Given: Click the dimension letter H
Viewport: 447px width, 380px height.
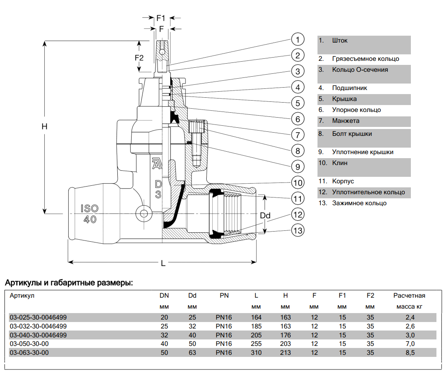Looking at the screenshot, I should point(45,127).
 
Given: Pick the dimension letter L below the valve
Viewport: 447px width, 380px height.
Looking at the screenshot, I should point(163,263).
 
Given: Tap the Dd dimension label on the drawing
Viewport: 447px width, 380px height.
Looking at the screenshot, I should point(265,215).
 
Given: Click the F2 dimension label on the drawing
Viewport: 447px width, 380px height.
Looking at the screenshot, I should point(139,58).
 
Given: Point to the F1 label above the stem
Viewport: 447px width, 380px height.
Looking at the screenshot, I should point(161,18).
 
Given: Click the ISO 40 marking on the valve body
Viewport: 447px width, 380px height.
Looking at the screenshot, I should point(90,214).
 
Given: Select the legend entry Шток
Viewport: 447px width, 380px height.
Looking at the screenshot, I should point(339,41).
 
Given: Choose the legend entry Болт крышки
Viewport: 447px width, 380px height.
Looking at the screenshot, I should point(352,133).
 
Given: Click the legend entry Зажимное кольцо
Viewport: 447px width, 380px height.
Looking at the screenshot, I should point(359,203).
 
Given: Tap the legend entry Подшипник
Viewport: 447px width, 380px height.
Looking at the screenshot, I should point(350,88).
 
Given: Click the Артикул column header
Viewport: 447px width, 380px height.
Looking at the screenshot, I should point(22,296).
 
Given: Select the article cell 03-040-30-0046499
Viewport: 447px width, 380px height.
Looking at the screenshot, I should point(38,335).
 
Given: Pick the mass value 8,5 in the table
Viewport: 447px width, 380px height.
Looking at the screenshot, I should point(410,353).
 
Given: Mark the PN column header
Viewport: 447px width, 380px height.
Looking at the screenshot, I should point(224,296).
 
